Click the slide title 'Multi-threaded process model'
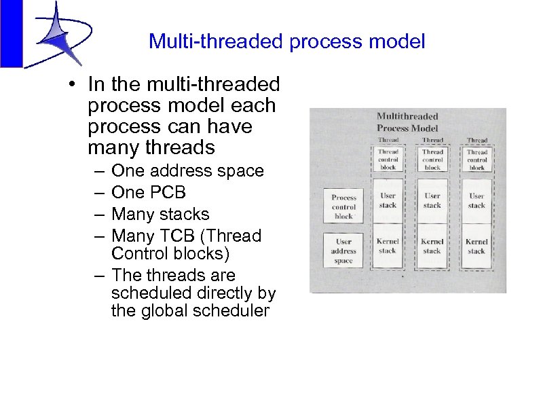286,42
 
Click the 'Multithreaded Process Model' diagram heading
407,122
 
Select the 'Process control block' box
343,206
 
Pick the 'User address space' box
343,251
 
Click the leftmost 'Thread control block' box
388,160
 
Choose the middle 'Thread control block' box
432,160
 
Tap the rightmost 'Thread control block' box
477,160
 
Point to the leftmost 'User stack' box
388,201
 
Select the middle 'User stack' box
432,201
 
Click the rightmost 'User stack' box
477,201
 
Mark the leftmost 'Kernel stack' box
388,246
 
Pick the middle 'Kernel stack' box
432,246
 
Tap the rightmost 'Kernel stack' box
477,246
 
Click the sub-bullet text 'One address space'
187,171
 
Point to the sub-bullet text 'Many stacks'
160,215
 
